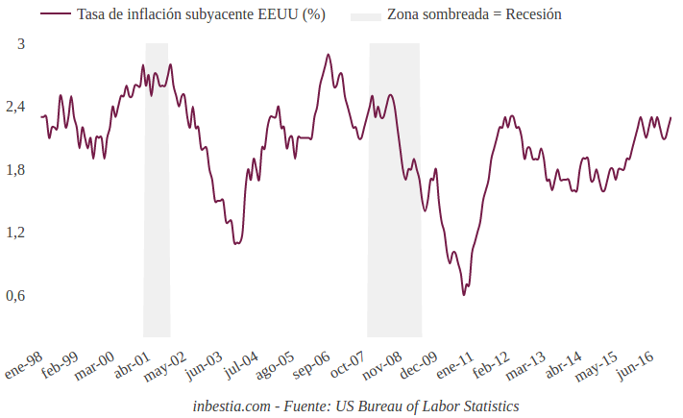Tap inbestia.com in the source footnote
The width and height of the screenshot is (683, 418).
(x=232, y=406)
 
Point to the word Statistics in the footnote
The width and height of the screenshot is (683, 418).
(x=485, y=406)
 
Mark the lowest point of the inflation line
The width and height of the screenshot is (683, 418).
(x=464, y=294)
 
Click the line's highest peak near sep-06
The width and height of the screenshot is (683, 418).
(x=329, y=55)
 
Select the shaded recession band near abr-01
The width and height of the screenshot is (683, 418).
(x=157, y=192)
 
